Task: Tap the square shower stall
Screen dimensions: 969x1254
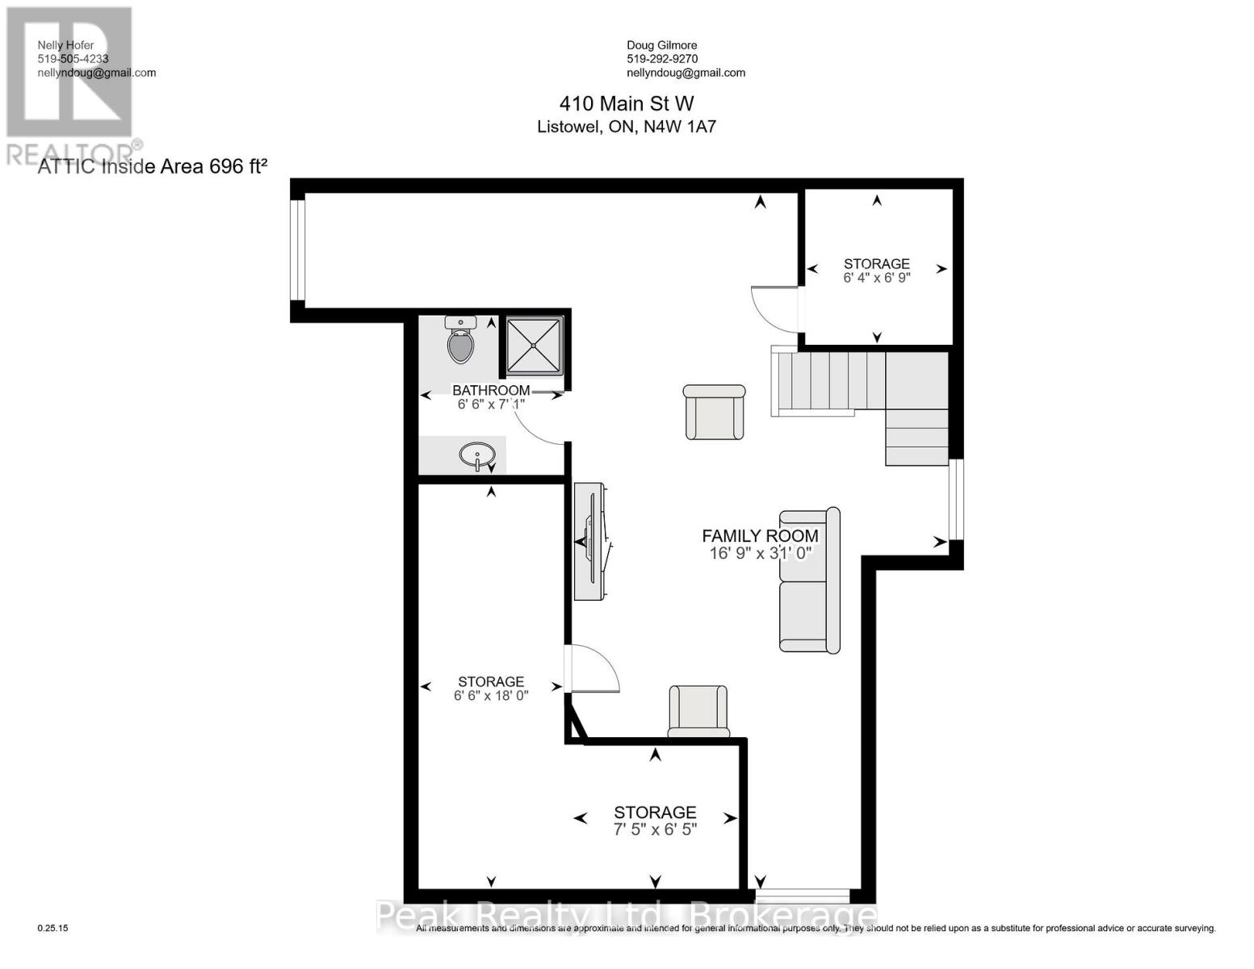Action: click(x=534, y=346)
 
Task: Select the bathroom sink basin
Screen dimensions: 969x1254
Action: click(x=477, y=455)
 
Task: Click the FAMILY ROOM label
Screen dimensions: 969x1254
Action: click(x=759, y=535)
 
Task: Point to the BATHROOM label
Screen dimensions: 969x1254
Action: click(x=490, y=390)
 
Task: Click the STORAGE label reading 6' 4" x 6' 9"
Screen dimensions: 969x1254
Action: click(x=876, y=264)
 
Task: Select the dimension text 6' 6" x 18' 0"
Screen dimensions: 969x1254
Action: click(x=490, y=695)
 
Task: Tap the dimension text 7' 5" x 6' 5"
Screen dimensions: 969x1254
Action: click(x=655, y=829)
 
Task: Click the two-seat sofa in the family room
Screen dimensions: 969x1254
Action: click(x=809, y=580)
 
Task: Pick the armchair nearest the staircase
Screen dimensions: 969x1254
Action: click(x=715, y=412)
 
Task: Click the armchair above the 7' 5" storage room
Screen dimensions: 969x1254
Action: click(x=698, y=711)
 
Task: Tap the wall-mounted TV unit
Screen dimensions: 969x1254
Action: click(x=590, y=541)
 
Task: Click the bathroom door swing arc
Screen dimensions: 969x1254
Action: click(x=537, y=423)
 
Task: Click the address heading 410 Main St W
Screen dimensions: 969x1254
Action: click(x=627, y=103)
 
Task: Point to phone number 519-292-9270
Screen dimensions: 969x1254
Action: click(x=662, y=59)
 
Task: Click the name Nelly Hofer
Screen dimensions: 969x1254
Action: click(x=66, y=45)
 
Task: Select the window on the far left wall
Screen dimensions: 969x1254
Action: click(x=298, y=250)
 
